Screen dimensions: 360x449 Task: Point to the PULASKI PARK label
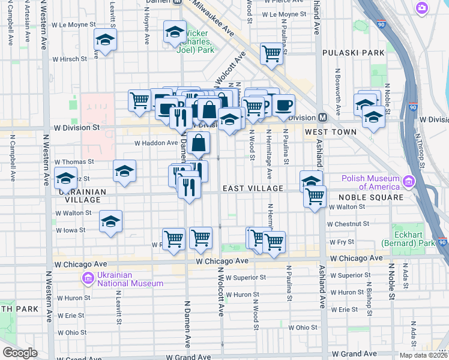click(353, 53)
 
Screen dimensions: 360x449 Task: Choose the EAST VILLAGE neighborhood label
click(253, 188)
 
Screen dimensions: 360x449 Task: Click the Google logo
click(20, 353)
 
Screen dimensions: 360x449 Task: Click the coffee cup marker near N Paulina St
click(284, 105)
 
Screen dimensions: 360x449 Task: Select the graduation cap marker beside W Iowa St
click(110, 221)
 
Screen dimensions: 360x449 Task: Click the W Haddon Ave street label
click(155, 143)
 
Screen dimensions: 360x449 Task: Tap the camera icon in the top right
click(423, 8)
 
